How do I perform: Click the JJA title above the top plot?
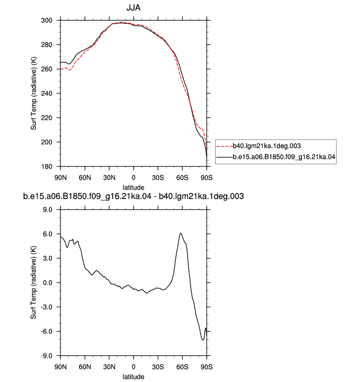[x=133, y=8]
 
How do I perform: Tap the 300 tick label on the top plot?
[x=47, y=21]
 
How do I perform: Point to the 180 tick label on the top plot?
[x=47, y=166]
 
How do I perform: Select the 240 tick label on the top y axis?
[x=47, y=94]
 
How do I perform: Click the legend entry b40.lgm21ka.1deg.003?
[x=267, y=146]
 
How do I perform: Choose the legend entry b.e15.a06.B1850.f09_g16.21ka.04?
[x=284, y=157]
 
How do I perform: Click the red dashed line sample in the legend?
[x=224, y=146]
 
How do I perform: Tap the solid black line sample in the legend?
[x=224, y=157]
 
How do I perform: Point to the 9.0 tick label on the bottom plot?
[x=48, y=210]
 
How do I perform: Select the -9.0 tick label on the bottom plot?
[x=47, y=356]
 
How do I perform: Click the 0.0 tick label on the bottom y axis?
[x=48, y=283]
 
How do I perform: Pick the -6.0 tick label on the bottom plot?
[x=47, y=331]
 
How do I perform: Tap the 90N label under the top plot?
[x=60, y=178]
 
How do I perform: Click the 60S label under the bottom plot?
[x=182, y=367]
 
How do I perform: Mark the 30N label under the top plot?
[x=109, y=178]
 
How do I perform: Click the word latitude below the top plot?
[x=133, y=188]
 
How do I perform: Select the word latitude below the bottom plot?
[x=133, y=377]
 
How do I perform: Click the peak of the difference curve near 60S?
[x=181, y=233]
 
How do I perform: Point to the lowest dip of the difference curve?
[x=203, y=340]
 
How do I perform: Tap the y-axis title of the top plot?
[x=33, y=93]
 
